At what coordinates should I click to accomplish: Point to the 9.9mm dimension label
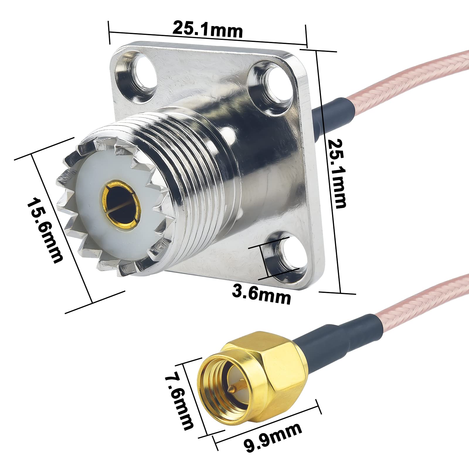click(273, 437)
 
